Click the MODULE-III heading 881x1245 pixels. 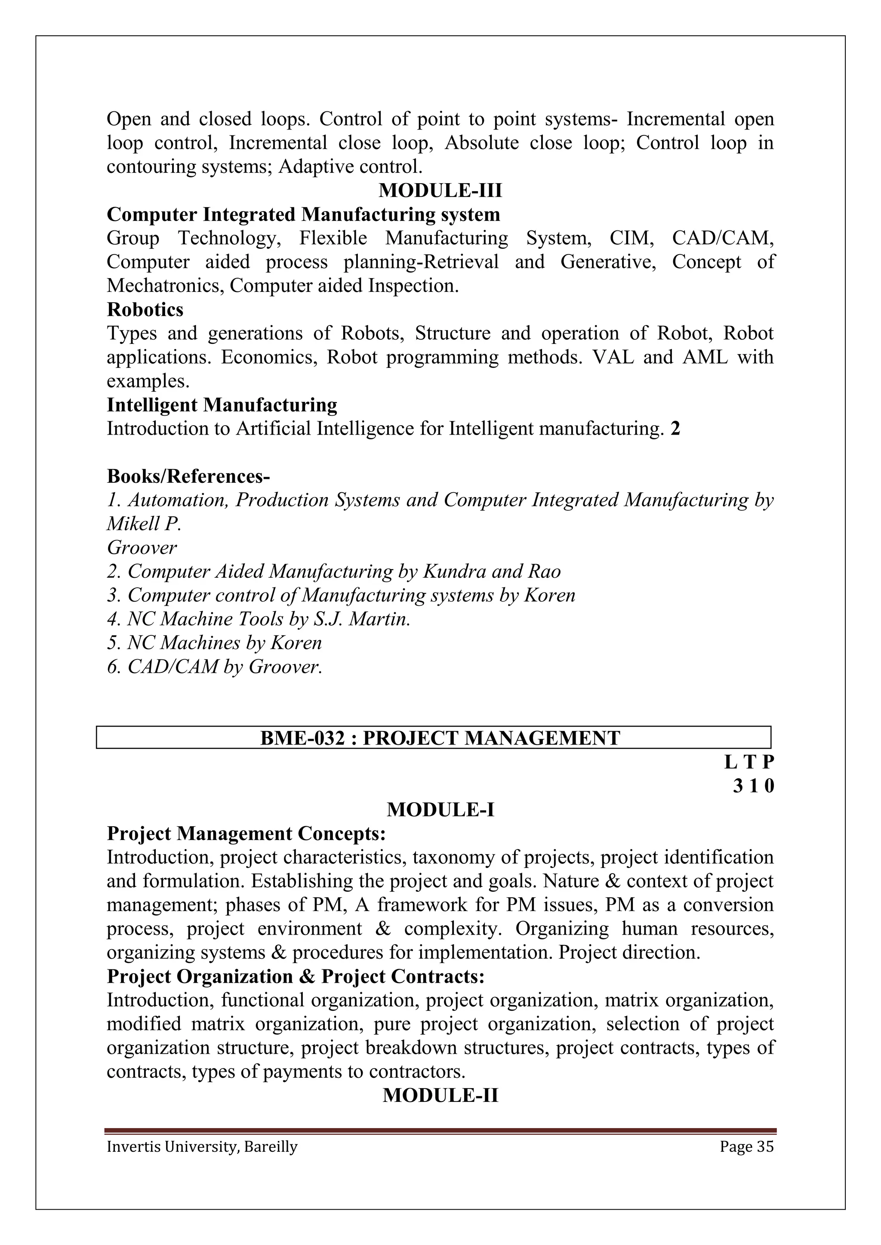click(440, 191)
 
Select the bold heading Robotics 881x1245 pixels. click(145, 310)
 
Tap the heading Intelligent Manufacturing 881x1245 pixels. click(222, 405)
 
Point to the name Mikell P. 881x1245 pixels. click(144, 524)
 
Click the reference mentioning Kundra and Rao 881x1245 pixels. click(334, 571)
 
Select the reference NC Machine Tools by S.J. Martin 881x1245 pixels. click(258, 619)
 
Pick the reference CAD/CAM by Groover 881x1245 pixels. click(214, 666)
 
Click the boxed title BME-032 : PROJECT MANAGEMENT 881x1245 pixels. click(440, 738)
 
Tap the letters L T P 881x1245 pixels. click(749, 762)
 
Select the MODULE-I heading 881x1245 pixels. click(440, 810)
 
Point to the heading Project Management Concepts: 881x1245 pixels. click(246, 834)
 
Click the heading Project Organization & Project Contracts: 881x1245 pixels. click(295, 977)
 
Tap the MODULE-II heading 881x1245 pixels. click(440, 1095)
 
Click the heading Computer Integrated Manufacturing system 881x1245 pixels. click(303, 215)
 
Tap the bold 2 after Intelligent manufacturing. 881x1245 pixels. click(675, 429)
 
